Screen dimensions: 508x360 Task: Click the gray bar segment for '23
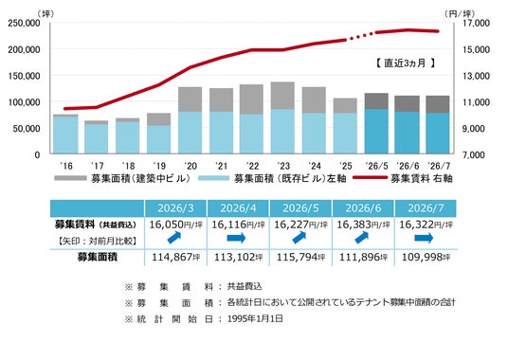(x=282, y=96)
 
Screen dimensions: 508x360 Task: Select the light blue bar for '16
(x=65, y=135)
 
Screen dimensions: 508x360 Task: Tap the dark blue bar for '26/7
(x=437, y=133)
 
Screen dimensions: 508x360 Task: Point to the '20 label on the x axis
(x=190, y=166)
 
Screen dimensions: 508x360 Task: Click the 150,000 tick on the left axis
(x=24, y=76)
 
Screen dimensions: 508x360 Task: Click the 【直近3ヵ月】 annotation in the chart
(x=406, y=63)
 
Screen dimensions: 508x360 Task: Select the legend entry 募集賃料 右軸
(x=403, y=178)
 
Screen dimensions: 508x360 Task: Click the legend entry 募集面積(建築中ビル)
(x=122, y=178)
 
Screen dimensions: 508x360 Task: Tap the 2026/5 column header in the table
(x=300, y=208)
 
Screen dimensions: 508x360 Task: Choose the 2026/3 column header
(x=175, y=208)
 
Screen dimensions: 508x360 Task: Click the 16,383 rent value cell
(x=363, y=225)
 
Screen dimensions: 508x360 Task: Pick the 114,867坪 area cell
(x=176, y=258)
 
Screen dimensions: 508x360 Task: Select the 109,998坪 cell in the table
(x=426, y=258)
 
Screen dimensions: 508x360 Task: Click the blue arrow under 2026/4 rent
(x=236, y=239)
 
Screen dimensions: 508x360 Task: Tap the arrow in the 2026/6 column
(x=361, y=238)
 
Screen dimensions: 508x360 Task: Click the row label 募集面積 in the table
(x=98, y=258)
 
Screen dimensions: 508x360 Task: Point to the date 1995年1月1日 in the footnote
(x=255, y=318)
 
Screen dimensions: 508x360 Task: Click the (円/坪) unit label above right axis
(x=460, y=14)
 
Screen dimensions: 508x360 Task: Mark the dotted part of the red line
(x=361, y=36)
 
